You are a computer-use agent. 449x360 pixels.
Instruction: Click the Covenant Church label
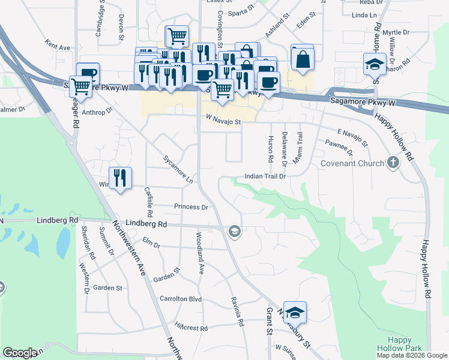[x=352, y=163]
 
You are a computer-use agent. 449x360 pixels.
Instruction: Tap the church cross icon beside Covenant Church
[x=393, y=163]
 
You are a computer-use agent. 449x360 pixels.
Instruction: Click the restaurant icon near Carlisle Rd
[x=121, y=178]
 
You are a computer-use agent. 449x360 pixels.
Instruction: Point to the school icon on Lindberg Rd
[x=234, y=231]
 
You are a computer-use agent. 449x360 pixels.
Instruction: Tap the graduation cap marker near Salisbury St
[x=295, y=313]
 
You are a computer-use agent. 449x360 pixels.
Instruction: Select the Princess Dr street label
[x=191, y=207]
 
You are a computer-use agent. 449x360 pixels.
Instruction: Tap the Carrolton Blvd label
[x=180, y=298]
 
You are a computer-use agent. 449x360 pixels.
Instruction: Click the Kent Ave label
[x=58, y=46]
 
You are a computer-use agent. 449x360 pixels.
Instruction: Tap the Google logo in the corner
[x=20, y=353]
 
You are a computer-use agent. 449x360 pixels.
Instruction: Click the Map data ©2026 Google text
[x=412, y=355]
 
